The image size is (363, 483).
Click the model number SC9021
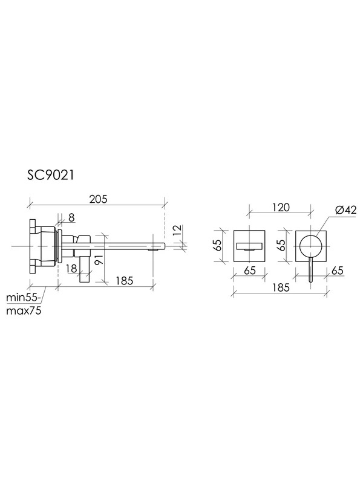pos(51,176)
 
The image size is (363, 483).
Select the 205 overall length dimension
pos(98,199)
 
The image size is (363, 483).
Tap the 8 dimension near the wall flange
pos(71,218)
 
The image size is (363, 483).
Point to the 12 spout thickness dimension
pos(177,231)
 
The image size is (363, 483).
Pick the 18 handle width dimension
pos(71,268)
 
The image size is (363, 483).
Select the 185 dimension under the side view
pos(125,281)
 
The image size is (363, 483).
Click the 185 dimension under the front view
pos(281,287)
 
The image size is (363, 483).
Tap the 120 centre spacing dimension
pos(281,207)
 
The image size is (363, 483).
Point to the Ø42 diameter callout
pos(345,210)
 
